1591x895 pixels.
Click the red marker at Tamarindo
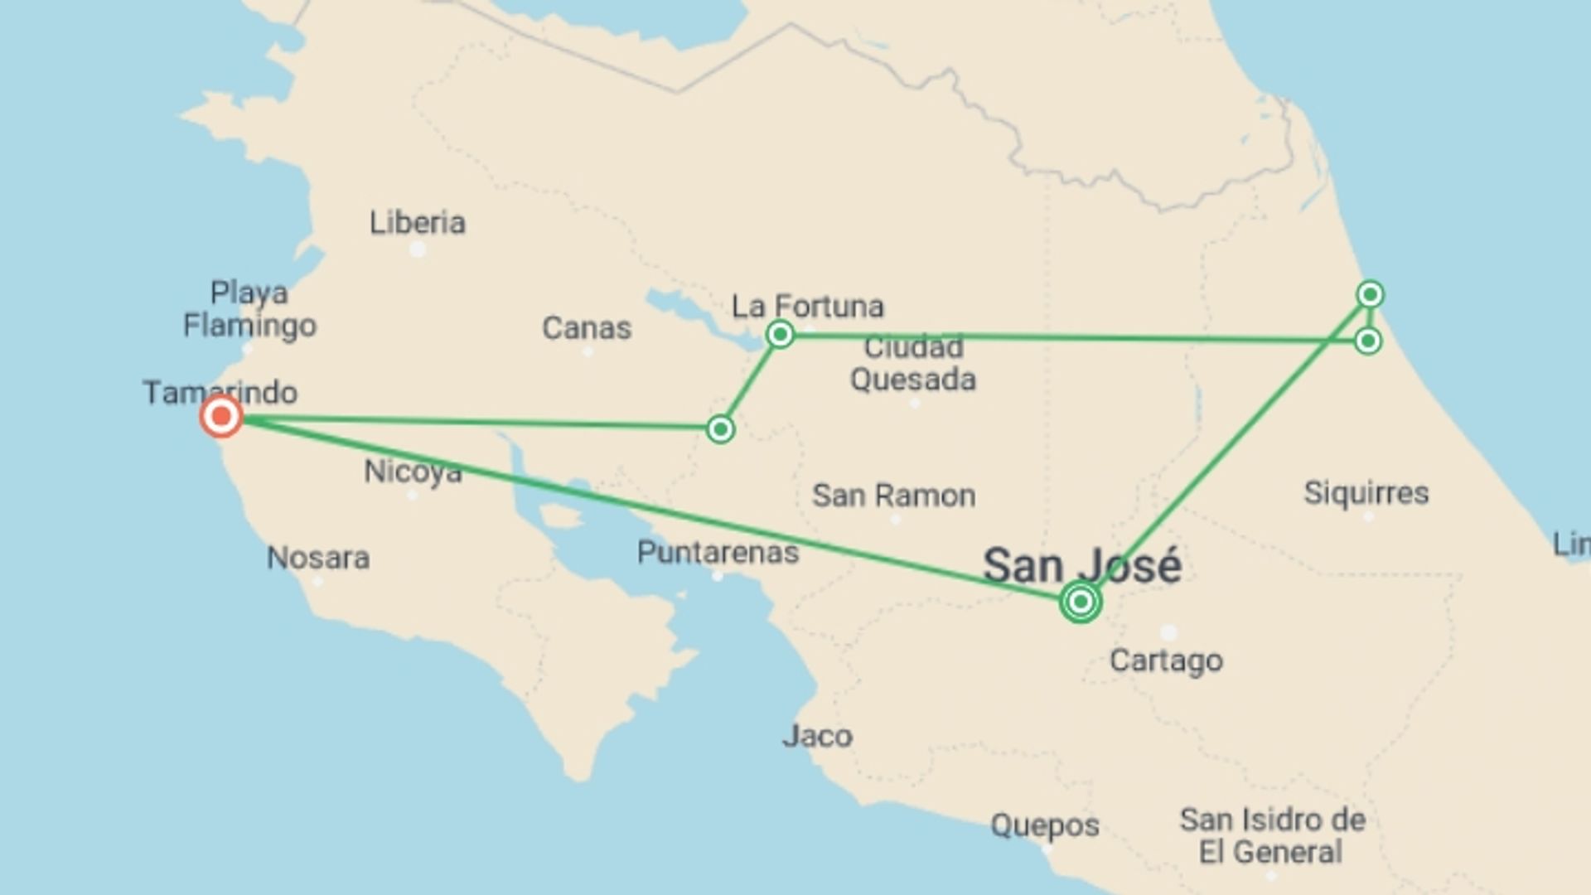(x=221, y=416)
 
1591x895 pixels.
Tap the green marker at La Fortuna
(x=780, y=334)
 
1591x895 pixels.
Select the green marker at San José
(x=1080, y=602)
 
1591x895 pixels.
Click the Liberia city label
(x=417, y=223)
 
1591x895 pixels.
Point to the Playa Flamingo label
(x=249, y=308)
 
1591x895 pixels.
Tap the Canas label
(x=587, y=328)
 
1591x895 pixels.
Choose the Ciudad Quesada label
(x=912, y=363)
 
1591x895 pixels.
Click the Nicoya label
(x=413, y=472)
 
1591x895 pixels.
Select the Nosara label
(x=318, y=558)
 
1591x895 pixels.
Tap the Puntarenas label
(x=718, y=553)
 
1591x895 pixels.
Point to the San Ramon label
(x=893, y=496)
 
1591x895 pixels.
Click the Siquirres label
(x=1366, y=493)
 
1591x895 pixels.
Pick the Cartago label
(x=1166, y=660)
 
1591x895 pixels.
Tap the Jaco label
(x=817, y=736)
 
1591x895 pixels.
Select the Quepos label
(x=1045, y=825)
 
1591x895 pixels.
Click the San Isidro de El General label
(x=1272, y=835)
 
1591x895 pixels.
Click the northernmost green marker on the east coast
(x=1370, y=294)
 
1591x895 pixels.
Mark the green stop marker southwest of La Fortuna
(x=720, y=429)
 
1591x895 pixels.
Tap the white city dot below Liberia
(x=418, y=249)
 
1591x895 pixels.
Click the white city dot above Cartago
(x=1168, y=633)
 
